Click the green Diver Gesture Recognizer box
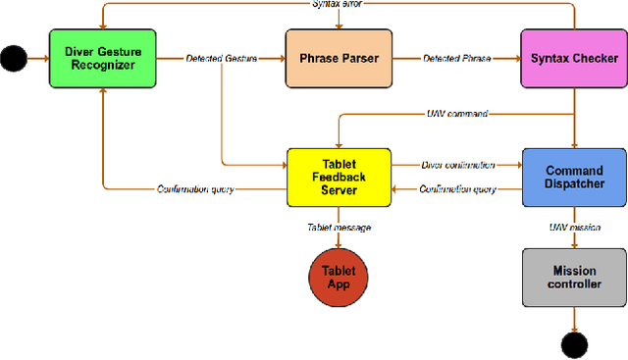tap(101, 59)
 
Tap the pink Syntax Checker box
tap(572, 59)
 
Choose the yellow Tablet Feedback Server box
tap(339, 178)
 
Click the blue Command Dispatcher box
tap(573, 178)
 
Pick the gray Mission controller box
tap(573, 278)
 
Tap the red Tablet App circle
tap(339, 277)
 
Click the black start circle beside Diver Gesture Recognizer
tap(14, 59)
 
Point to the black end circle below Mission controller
tap(573, 344)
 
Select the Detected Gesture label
tap(221, 59)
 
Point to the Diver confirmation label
tap(456, 165)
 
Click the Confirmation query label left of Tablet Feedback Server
tap(196, 189)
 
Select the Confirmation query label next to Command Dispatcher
tap(456, 189)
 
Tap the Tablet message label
tap(339, 228)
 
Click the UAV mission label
tap(573, 228)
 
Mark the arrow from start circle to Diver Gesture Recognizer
tap(37, 59)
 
